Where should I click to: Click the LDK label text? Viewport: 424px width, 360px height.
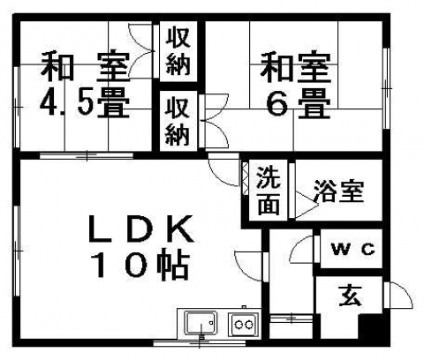140,229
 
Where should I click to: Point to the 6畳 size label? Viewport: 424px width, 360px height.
299,103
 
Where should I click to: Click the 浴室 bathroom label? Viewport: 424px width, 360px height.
339,191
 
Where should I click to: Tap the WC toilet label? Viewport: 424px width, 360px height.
353,250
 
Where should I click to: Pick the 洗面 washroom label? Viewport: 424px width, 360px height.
268,191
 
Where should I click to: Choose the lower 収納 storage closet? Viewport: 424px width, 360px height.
178,121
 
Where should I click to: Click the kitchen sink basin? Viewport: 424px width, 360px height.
201,323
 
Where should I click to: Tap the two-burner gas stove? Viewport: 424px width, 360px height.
245,324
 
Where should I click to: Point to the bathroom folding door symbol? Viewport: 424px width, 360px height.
307,205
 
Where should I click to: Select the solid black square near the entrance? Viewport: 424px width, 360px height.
370,326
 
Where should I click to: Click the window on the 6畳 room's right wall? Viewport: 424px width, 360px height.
386,88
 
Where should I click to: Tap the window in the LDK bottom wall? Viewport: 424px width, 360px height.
200,342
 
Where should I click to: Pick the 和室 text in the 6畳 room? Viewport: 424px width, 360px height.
296,67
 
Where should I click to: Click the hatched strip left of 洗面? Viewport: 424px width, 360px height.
245,177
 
